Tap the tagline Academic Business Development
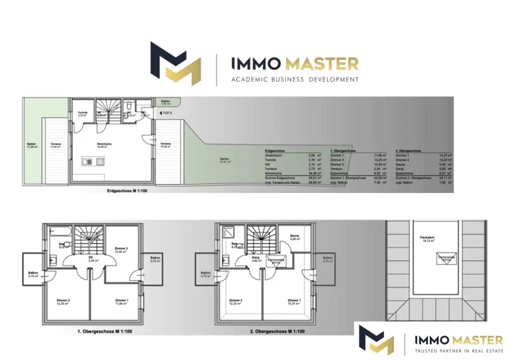pos(295,79)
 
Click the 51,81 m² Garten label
pos(225,161)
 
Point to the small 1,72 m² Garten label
pos(165,102)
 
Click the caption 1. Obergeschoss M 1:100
pos(105,331)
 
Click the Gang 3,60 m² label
pos(255,259)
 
